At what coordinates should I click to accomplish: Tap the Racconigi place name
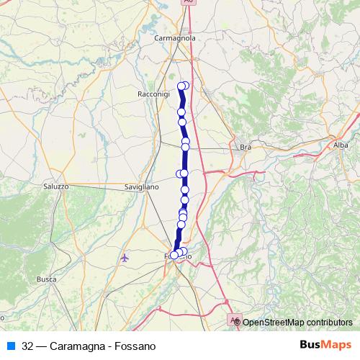tap(153, 94)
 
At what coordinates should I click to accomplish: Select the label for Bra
tap(245, 147)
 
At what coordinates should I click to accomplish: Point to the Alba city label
tap(341, 145)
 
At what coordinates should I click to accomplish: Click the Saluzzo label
tap(55, 186)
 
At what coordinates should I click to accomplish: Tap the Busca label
tap(46, 279)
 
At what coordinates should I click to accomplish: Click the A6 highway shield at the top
tap(189, 2)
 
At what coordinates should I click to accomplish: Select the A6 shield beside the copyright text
tap(233, 318)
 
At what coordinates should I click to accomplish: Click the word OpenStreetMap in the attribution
tap(274, 322)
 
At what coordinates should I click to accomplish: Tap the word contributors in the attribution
tap(329, 322)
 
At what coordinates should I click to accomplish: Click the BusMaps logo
tap(325, 346)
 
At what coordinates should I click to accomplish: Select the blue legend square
tap(10, 346)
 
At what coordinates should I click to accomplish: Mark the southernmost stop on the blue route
tap(174, 255)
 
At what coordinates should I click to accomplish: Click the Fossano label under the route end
tap(178, 257)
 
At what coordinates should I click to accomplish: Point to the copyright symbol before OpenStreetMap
tap(238, 322)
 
